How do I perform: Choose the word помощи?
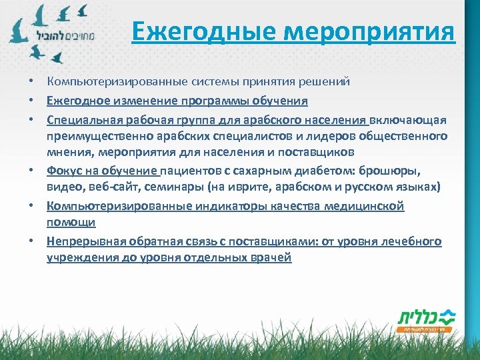pyautogui.click(x=71, y=222)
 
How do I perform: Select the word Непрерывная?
pyautogui.click(x=86, y=241)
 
